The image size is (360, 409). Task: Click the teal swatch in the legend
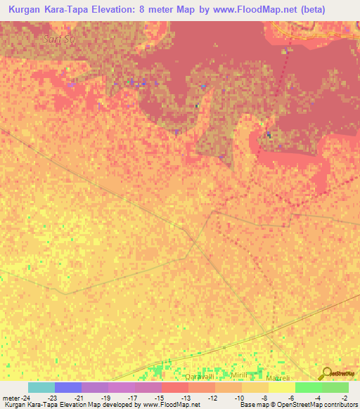41,387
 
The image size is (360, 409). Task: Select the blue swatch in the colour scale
68,387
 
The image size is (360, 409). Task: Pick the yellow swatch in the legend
282,387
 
